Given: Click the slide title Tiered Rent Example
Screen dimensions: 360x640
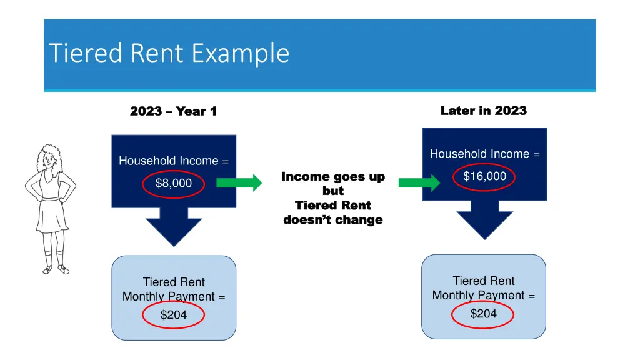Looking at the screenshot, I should tap(169, 53).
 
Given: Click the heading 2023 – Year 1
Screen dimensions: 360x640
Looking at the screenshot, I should tap(173, 111).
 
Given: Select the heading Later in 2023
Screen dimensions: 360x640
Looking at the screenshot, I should tap(483, 111).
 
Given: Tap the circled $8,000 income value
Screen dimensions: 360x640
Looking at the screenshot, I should tap(173, 183).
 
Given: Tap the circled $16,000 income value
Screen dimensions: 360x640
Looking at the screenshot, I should tap(484, 177).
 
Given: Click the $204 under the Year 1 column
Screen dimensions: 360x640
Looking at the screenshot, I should tap(173, 315).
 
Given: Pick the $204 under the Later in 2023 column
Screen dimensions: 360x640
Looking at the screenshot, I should tap(483, 314).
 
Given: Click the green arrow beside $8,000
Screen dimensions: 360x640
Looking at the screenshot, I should tap(239, 182).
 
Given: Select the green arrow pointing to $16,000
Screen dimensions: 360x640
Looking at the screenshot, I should tap(419, 182).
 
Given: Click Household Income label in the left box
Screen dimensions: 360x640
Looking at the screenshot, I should tap(174, 161).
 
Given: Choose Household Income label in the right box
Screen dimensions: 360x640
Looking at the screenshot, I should tap(484, 154).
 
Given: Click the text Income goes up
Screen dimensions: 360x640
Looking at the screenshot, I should tap(333, 177).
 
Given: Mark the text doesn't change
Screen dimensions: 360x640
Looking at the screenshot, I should tap(333, 220).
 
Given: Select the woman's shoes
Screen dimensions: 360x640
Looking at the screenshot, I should tap(55, 269).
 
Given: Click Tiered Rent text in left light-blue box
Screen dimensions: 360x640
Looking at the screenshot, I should tap(174, 282).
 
